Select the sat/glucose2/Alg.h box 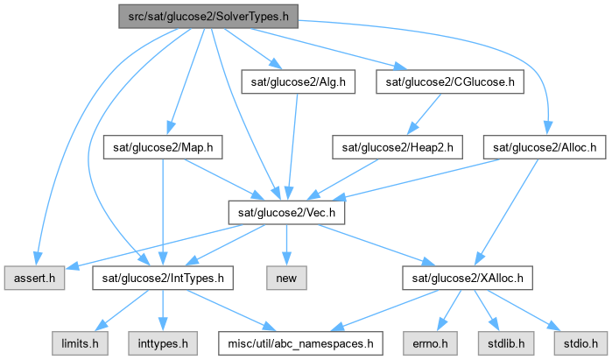pyautogui.click(x=295, y=81)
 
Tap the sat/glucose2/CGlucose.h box pyautogui.click(x=451, y=81)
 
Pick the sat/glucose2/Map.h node pyautogui.click(x=162, y=147)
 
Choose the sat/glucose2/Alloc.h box pyautogui.click(x=545, y=147)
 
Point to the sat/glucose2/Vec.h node pyautogui.click(x=286, y=213)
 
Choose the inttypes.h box pyautogui.click(x=161, y=343)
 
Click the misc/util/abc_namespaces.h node pyautogui.click(x=302, y=343)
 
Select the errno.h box pyautogui.click(x=429, y=343)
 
